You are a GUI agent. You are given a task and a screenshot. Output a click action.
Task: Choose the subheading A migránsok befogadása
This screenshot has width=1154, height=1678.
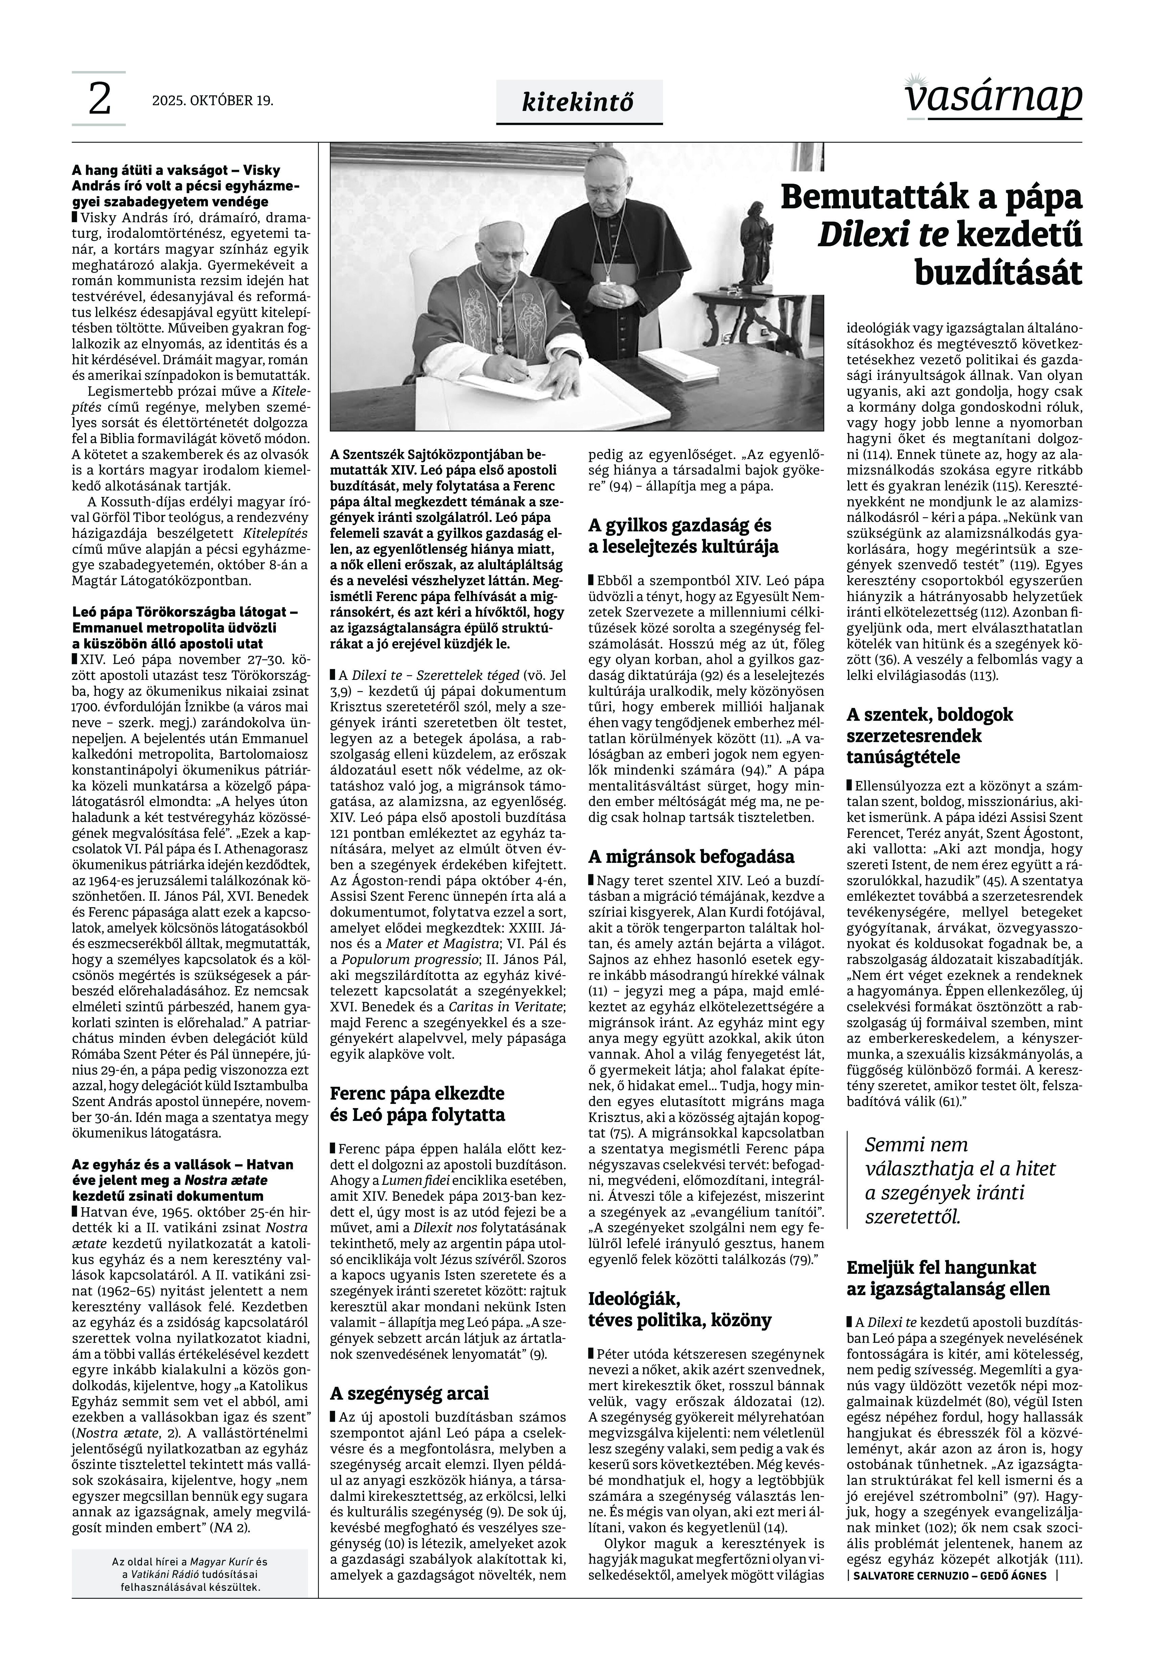690,857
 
